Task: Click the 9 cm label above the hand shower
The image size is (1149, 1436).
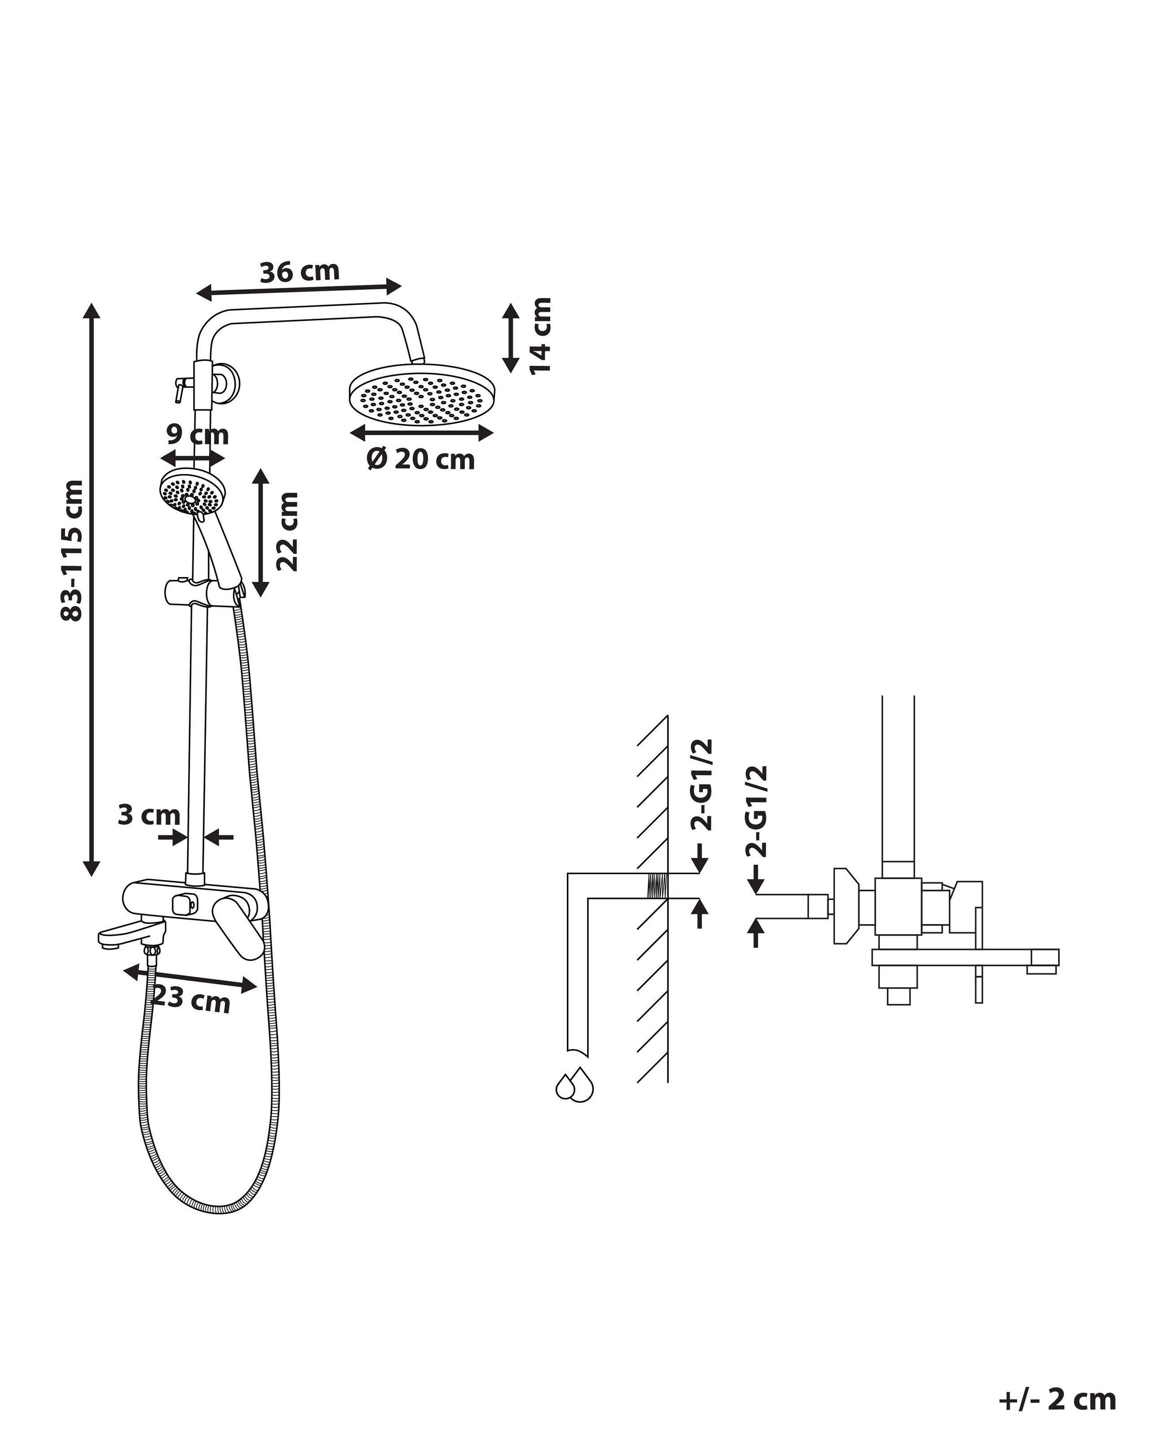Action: point(197,435)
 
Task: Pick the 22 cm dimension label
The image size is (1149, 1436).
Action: point(287,531)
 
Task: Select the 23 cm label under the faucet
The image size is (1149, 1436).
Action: point(192,999)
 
